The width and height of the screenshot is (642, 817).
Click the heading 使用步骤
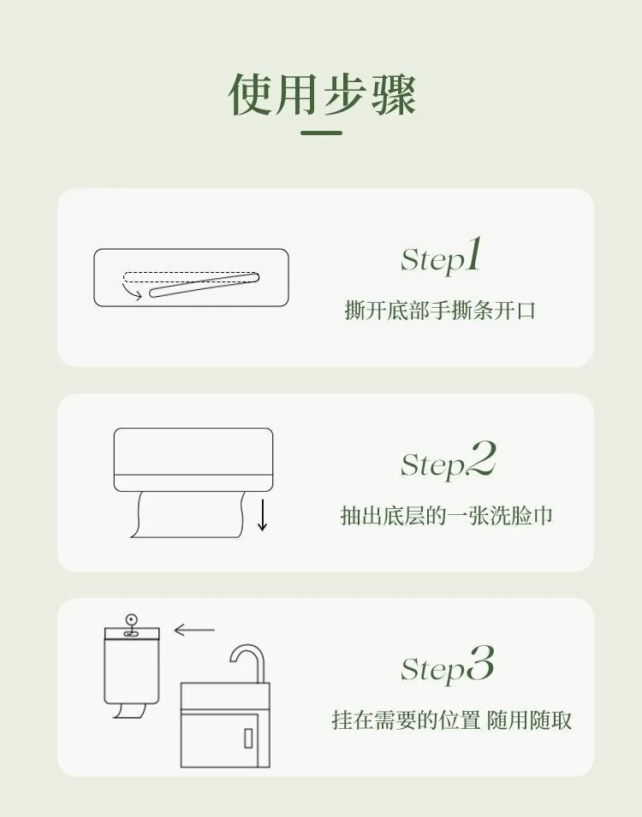(322, 94)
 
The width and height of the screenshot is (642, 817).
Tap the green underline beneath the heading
(321, 133)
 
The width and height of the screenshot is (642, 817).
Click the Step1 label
(441, 257)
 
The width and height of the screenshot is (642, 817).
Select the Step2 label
(448, 460)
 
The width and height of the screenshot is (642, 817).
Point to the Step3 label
(447, 665)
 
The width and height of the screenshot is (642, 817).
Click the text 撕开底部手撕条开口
(440, 310)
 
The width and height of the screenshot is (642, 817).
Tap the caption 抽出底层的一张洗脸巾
(447, 516)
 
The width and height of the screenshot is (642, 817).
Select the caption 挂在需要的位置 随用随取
(452, 720)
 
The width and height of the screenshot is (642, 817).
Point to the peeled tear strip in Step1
(204, 286)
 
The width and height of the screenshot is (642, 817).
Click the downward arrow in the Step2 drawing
(262, 515)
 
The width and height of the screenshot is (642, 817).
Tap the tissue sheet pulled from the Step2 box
(187, 514)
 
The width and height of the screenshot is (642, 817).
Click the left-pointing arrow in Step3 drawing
(194, 630)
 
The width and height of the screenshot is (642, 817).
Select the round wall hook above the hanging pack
(131, 620)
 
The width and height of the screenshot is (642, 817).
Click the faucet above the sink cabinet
(248, 663)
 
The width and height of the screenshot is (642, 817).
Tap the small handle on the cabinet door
(249, 737)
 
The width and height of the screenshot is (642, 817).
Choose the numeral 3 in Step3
(480, 663)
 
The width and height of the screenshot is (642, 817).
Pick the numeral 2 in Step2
(481, 459)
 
